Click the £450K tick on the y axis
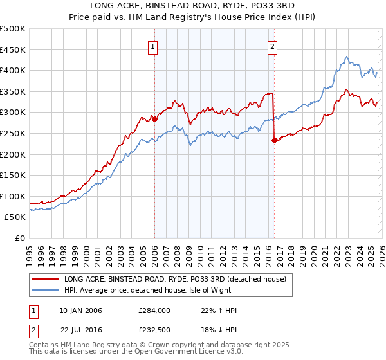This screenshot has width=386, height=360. point(13,50)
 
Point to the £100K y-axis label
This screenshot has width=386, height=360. point(13,196)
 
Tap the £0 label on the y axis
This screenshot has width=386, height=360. point(21,238)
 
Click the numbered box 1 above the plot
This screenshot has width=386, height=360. point(154,46)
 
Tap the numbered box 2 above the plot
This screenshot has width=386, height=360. point(273,46)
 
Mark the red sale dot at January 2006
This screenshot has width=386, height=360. point(154,119)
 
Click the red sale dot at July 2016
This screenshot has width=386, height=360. point(274,141)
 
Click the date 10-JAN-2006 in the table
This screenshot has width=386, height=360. point(80,310)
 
